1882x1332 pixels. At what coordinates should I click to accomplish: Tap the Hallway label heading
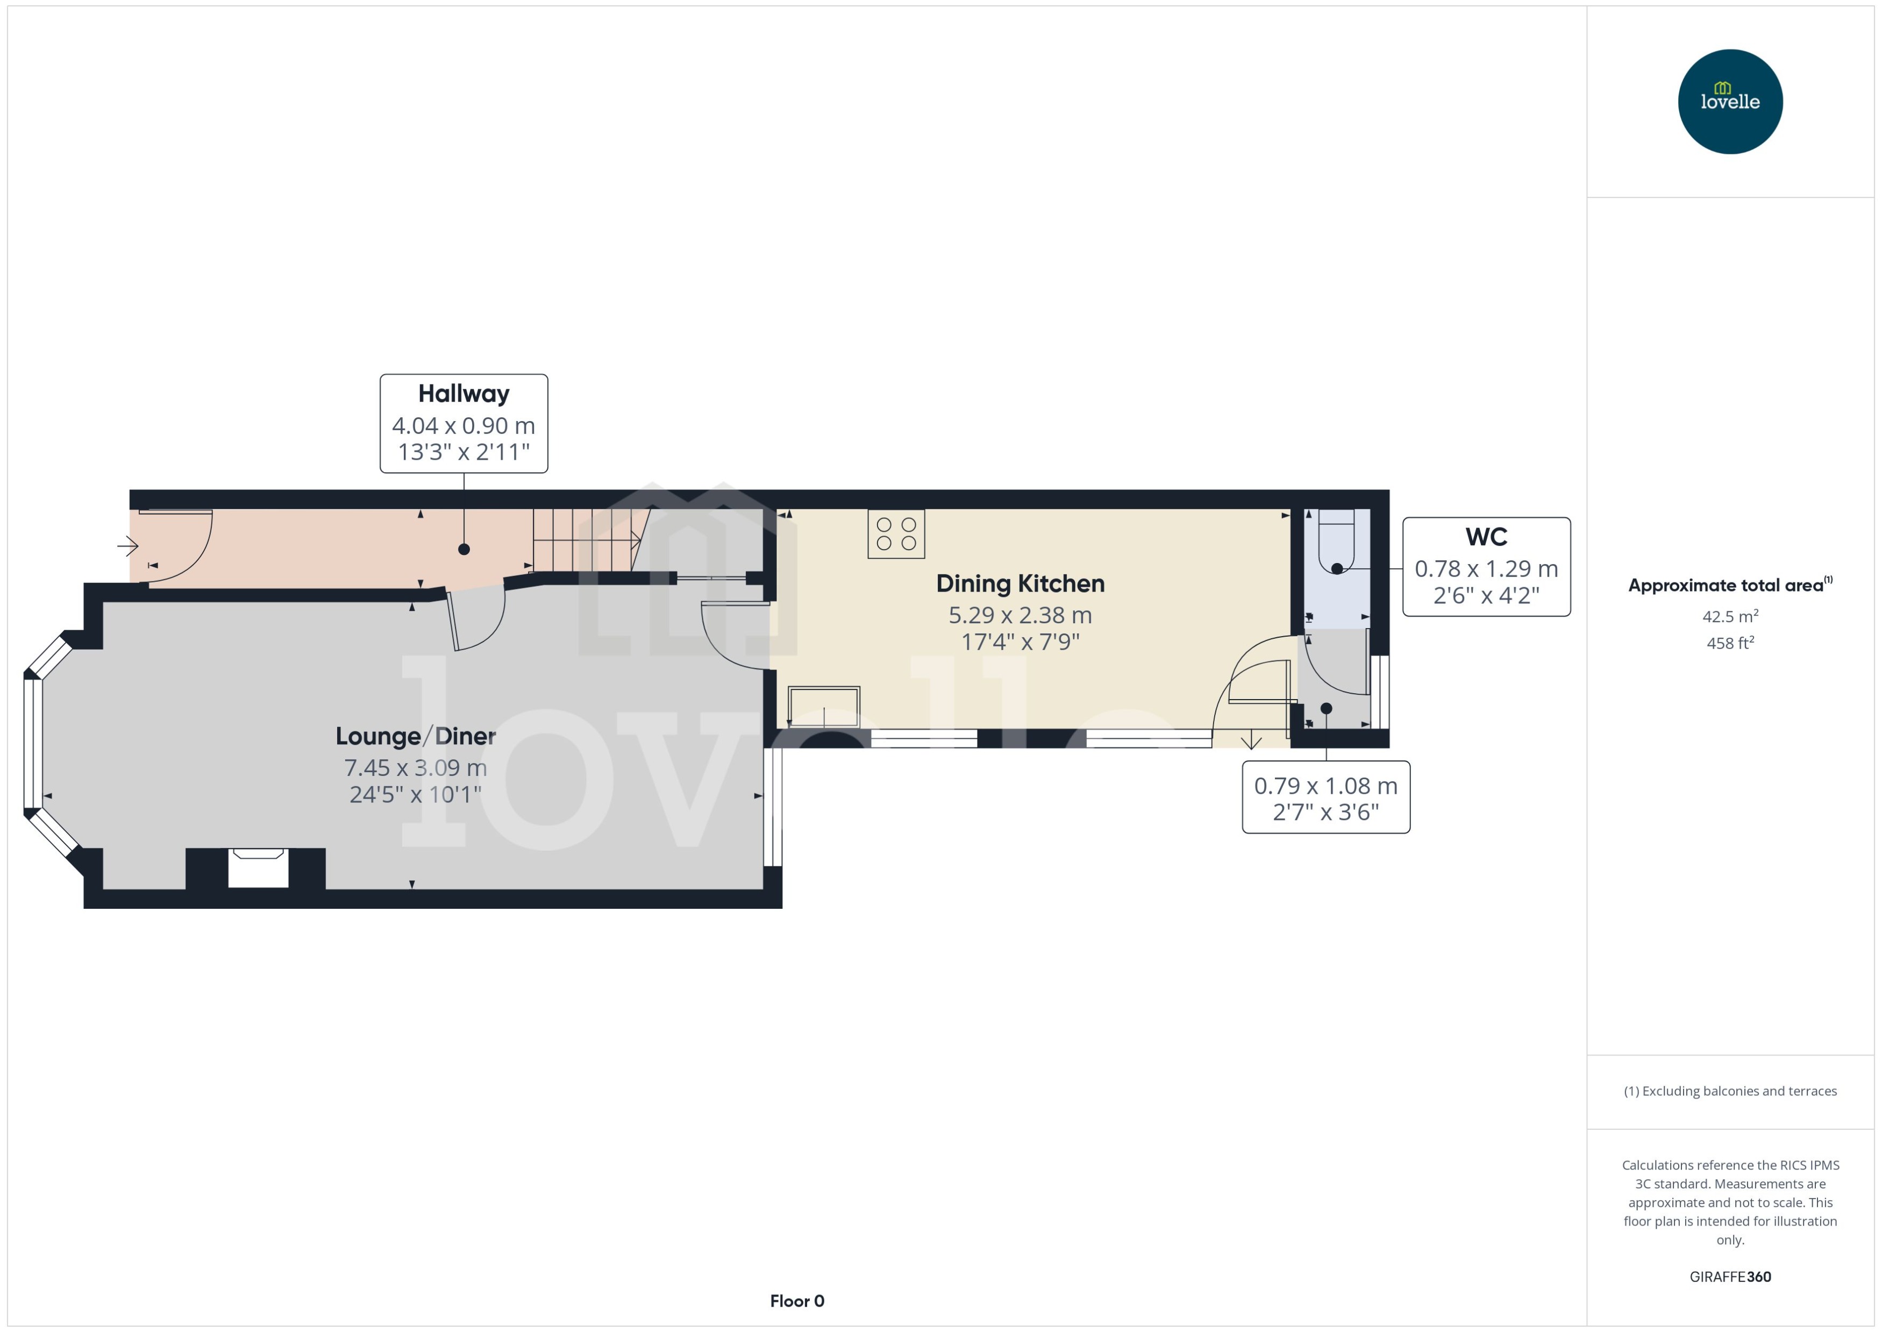click(x=464, y=394)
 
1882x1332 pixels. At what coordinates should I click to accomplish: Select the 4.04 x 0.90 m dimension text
click(x=464, y=426)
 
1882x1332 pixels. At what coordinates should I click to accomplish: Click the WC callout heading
click(x=1486, y=537)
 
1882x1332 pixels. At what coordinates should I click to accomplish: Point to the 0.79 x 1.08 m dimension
click(x=1325, y=786)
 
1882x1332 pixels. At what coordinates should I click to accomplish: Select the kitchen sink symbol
click(x=823, y=706)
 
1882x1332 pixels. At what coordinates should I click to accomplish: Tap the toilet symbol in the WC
click(x=1336, y=542)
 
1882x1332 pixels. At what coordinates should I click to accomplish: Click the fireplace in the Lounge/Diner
click(x=258, y=868)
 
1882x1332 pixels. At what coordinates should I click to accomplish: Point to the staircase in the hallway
click(x=586, y=539)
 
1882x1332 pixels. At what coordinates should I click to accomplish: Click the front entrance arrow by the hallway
click(x=128, y=545)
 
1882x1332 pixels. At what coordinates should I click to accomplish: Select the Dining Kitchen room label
click(x=1020, y=584)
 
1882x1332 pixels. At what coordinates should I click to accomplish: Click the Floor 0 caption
click(x=796, y=1301)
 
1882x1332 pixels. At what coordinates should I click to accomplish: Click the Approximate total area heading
click(x=1726, y=586)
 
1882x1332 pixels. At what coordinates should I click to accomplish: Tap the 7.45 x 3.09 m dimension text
click(x=415, y=768)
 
